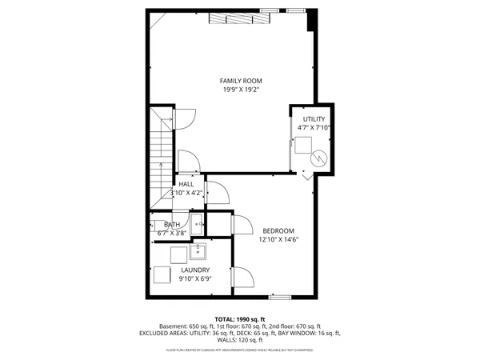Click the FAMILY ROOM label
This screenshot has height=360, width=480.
(241, 81)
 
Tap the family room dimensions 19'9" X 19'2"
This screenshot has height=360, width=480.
(241, 90)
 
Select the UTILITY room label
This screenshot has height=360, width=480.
(314, 119)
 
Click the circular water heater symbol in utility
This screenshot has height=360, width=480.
(320, 158)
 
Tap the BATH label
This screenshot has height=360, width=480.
(172, 225)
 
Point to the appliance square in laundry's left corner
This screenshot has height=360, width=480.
(162, 275)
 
